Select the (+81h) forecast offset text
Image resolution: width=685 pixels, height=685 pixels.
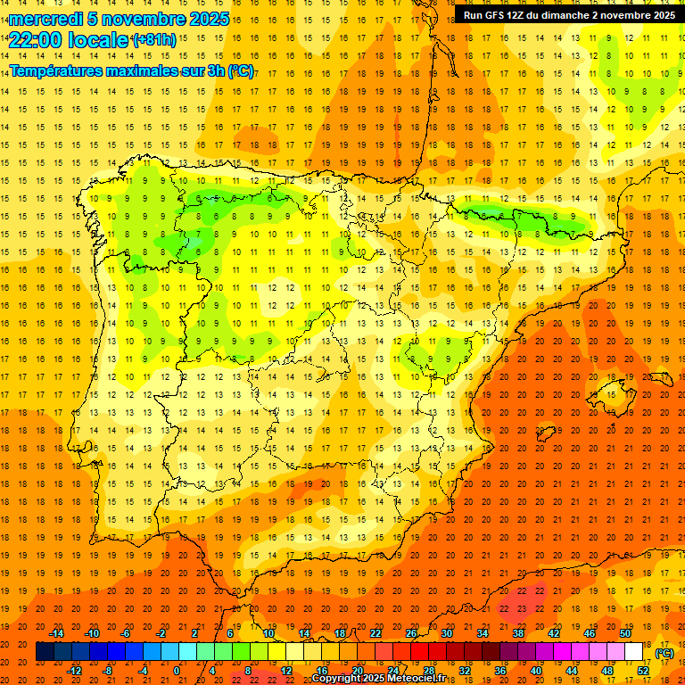[153, 40]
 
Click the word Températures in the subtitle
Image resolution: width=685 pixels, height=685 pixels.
[55, 70]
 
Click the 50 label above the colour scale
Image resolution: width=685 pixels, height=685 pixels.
[625, 633]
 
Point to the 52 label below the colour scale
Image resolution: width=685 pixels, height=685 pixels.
[643, 671]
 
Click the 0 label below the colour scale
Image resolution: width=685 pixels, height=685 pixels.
[177, 671]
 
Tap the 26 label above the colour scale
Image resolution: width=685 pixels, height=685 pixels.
[411, 633]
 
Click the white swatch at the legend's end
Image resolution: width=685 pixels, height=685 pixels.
[634, 652]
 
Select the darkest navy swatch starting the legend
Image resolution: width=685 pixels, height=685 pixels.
[45, 652]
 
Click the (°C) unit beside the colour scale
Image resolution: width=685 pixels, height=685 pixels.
[664, 652]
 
